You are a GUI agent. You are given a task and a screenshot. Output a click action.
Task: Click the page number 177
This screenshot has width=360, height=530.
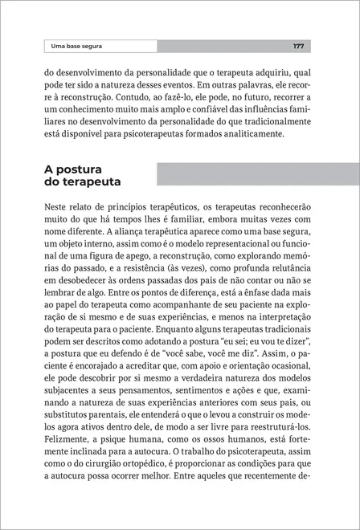tap(298, 47)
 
